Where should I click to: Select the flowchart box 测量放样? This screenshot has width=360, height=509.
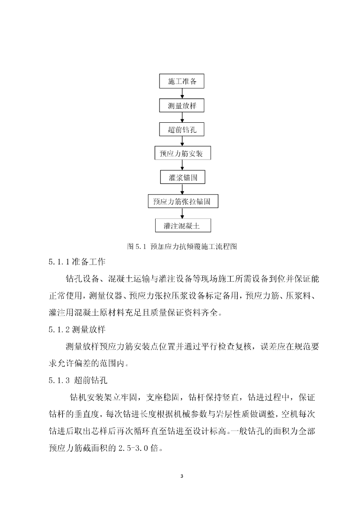(x=181, y=106)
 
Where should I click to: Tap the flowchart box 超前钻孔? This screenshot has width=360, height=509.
(x=182, y=130)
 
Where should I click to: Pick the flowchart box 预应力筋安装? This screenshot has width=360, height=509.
(x=182, y=153)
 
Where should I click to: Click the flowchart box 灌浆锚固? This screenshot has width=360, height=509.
(x=182, y=177)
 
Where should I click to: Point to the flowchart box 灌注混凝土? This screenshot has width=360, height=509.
(x=182, y=225)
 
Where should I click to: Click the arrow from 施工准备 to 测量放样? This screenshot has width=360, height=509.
(x=182, y=94)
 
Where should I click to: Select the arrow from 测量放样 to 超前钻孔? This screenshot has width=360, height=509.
(x=182, y=118)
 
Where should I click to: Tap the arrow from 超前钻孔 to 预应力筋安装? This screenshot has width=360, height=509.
(x=182, y=142)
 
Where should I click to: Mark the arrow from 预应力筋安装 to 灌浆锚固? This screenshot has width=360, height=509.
(x=182, y=166)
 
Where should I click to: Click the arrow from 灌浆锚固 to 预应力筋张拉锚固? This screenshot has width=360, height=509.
(x=182, y=189)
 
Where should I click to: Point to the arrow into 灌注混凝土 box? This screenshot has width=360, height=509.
(x=182, y=213)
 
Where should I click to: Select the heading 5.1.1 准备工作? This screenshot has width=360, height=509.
(x=78, y=261)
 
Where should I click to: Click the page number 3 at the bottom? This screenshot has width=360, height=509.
(x=181, y=476)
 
